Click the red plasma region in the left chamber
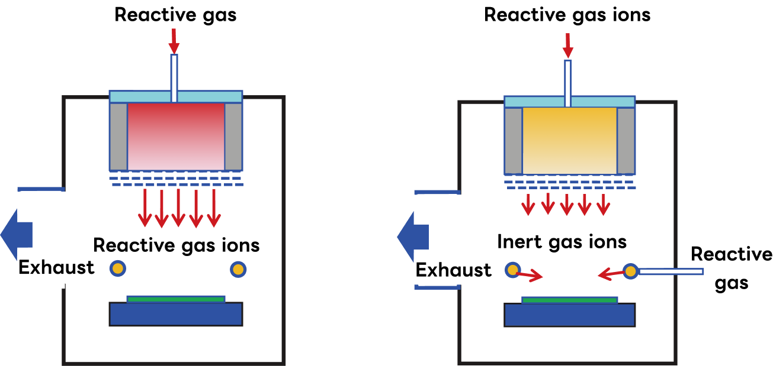click(176, 136)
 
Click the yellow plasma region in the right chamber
click(569, 140)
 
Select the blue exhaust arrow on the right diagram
click(413, 237)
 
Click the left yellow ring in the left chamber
click(118, 268)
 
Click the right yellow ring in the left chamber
click(238, 270)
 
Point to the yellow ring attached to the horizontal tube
click(630, 271)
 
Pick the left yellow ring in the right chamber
click(512, 270)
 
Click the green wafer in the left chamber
click(176, 299)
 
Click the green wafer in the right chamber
click(569, 300)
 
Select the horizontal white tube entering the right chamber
click(671, 271)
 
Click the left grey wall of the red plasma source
click(118, 137)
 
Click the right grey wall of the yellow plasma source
click(626, 141)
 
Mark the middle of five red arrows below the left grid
click(178, 208)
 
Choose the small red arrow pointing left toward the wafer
click(611, 274)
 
